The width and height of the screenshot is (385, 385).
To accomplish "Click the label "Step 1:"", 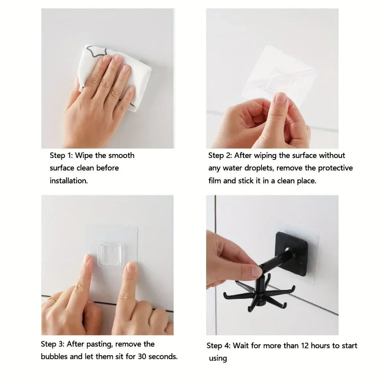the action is click(x=61, y=156).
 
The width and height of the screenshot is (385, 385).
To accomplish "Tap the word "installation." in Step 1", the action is click(x=69, y=181).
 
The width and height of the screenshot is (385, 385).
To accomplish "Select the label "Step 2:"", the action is click(x=220, y=156).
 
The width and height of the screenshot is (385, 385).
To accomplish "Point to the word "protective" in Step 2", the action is click(x=335, y=168).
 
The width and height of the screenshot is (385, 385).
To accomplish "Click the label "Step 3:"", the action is click(x=53, y=344).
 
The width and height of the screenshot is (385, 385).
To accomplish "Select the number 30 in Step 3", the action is click(x=142, y=357).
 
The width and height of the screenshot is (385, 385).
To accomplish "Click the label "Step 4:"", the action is click(x=219, y=346).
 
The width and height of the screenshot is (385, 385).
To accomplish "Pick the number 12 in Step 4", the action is click(x=305, y=346).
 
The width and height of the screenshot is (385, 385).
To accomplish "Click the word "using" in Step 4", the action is click(x=218, y=359).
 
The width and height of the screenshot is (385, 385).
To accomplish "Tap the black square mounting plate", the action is click(x=292, y=253).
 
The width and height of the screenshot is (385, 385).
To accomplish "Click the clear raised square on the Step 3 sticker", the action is click(x=110, y=254).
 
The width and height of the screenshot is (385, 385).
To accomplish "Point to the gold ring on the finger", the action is click(x=53, y=299).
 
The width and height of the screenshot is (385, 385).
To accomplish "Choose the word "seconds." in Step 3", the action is click(x=163, y=357).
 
